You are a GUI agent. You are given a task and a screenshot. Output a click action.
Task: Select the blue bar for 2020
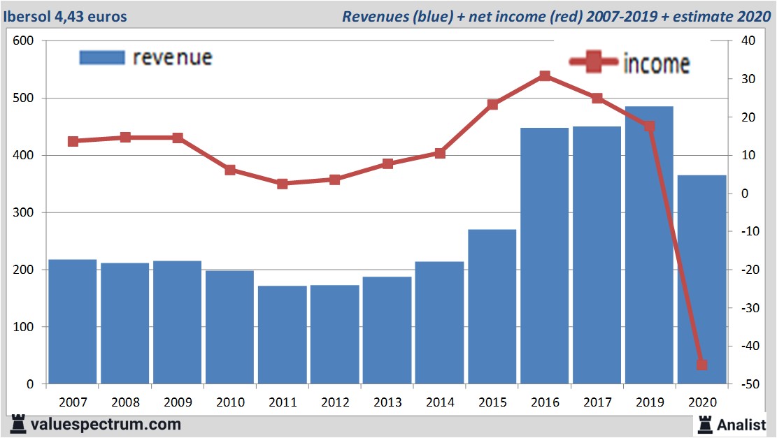pyautogui.click(x=701, y=279)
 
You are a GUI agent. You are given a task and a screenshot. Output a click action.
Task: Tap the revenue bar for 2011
pyautogui.click(x=282, y=335)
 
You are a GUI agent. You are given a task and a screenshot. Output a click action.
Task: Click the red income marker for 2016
pyautogui.click(x=545, y=76)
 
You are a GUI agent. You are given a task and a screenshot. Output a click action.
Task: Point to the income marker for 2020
pyautogui.click(x=701, y=365)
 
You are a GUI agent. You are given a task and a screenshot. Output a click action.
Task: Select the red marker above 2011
pyautogui.click(x=282, y=184)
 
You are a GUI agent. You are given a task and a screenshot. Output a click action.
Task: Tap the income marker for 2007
pyautogui.click(x=73, y=141)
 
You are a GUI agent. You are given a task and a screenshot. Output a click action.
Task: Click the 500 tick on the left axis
pyautogui.click(x=24, y=98)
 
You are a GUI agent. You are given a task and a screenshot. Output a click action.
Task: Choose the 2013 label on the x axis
pyautogui.click(x=387, y=402)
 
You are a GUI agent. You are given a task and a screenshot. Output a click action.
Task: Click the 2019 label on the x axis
pyautogui.click(x=650, y=402)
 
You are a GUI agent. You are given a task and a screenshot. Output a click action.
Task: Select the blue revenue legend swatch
pyautogui.click(x=101, y=57)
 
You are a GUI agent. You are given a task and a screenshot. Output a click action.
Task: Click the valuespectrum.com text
pyautogui.click(x=106, y=424)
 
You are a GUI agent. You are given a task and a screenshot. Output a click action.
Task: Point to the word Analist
pyautogui.click(x=741, y=424)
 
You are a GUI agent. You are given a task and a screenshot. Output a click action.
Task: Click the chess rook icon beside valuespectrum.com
pyautogui.click(x=17, y=424)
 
